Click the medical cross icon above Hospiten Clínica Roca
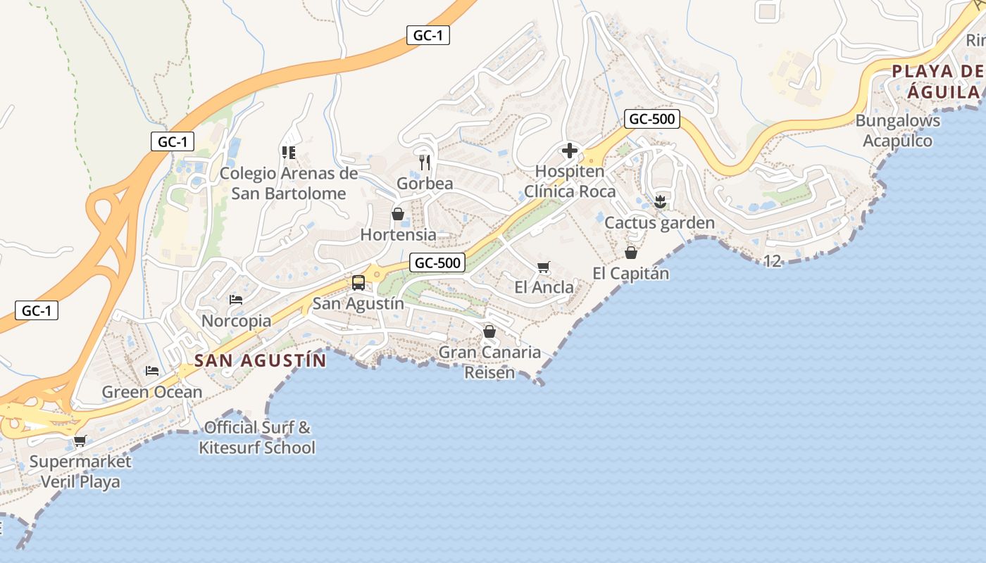(x=569, y=150)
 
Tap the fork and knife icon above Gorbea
(x=425, y=163)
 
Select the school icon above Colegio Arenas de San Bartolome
(x=288, y=152)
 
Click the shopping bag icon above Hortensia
(x=398, y=214)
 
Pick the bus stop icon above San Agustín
(x=358, y=283)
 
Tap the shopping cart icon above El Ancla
(x=543, y=267)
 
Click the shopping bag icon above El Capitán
(x=631, y=252)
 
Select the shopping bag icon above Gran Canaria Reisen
(x=489, y=331)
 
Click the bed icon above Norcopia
(x=236, y=300)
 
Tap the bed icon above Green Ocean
(x=152, y=371)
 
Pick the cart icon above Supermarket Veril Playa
(x=80, y=441)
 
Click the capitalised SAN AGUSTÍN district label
(x=261, y=361)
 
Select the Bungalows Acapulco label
(x=898, y=131)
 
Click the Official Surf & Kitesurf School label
(x=257, y=437)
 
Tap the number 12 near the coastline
(x=772, y=262)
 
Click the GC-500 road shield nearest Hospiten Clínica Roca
(x=652, y=119)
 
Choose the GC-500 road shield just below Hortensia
(x=438, y=263)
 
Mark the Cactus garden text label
(x=660, y=223)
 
